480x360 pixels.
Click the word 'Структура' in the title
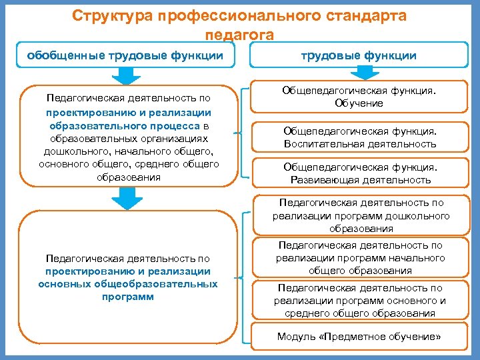[x=111, y=15]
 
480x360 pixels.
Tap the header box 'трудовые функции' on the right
[x=359, y=55]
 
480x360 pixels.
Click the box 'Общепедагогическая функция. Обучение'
[x=359, y=97]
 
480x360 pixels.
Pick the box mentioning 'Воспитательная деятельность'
[x=359, y=137]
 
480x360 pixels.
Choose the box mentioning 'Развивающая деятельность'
[x=359, y=173]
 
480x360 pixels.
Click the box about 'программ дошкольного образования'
[x=361, y=215]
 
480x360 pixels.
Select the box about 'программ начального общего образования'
[x=361, y=258]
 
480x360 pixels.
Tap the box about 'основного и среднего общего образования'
[x=361, y=301]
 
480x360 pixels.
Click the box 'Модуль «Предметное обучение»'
[x=359, y=337]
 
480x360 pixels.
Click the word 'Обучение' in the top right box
[x=359, y=103]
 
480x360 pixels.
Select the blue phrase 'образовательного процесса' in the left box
[x=125, y=125]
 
